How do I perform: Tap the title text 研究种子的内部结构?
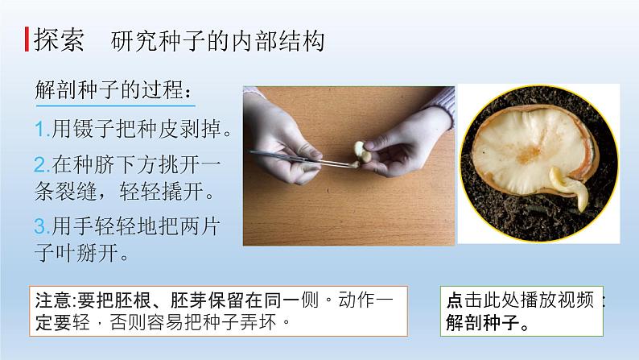218,41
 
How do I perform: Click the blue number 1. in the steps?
42,128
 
